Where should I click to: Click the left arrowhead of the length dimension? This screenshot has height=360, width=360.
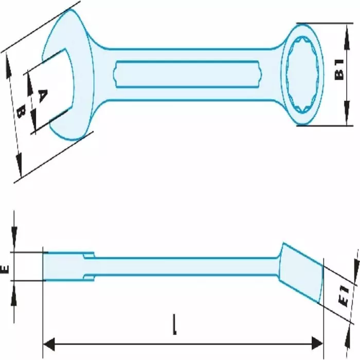[47, 343]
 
